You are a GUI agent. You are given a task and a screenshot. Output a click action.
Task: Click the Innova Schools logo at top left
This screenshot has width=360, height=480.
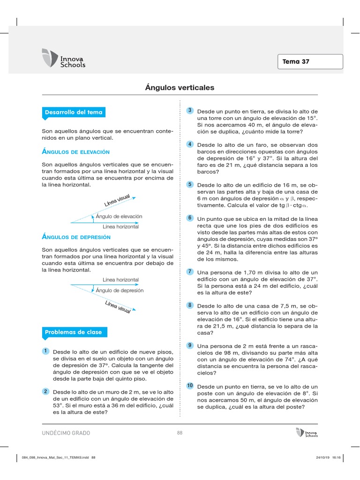coord(64,58)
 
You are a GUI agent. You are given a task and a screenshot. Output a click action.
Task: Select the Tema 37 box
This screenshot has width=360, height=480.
coord(311,61)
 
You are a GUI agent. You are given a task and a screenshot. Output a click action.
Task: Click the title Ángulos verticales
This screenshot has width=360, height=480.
coord(180,88)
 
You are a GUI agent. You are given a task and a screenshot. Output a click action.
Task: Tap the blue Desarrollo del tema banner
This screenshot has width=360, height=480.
coord(73,112)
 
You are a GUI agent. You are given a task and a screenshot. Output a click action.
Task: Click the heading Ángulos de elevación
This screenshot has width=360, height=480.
coord(75,152)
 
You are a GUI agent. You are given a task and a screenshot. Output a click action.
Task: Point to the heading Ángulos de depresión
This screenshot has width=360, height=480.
coord(76,237)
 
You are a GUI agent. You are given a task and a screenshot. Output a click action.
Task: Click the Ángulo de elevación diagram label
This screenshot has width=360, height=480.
coord(119,217)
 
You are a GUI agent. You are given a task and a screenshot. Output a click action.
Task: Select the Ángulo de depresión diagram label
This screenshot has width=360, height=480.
coord(120,291)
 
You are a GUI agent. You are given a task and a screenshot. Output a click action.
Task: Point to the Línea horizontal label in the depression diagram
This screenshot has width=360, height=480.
coord(121,280)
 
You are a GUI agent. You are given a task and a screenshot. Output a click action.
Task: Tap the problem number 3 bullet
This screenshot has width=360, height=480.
coord(190,111)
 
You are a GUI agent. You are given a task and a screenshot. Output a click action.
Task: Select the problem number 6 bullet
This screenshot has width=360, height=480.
coord(190,218)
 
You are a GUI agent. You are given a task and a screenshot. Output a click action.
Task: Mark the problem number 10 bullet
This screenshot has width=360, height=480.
coord(190,385)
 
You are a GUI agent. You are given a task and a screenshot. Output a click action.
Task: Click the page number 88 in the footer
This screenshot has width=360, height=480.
coord(180,433)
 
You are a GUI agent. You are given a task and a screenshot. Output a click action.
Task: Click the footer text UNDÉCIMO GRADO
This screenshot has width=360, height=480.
coord(66,433)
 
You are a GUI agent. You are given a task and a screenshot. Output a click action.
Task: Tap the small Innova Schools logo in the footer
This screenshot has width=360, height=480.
coord(307,432)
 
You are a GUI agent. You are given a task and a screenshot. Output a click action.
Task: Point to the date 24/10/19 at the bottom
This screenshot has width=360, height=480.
coord(318,457)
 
